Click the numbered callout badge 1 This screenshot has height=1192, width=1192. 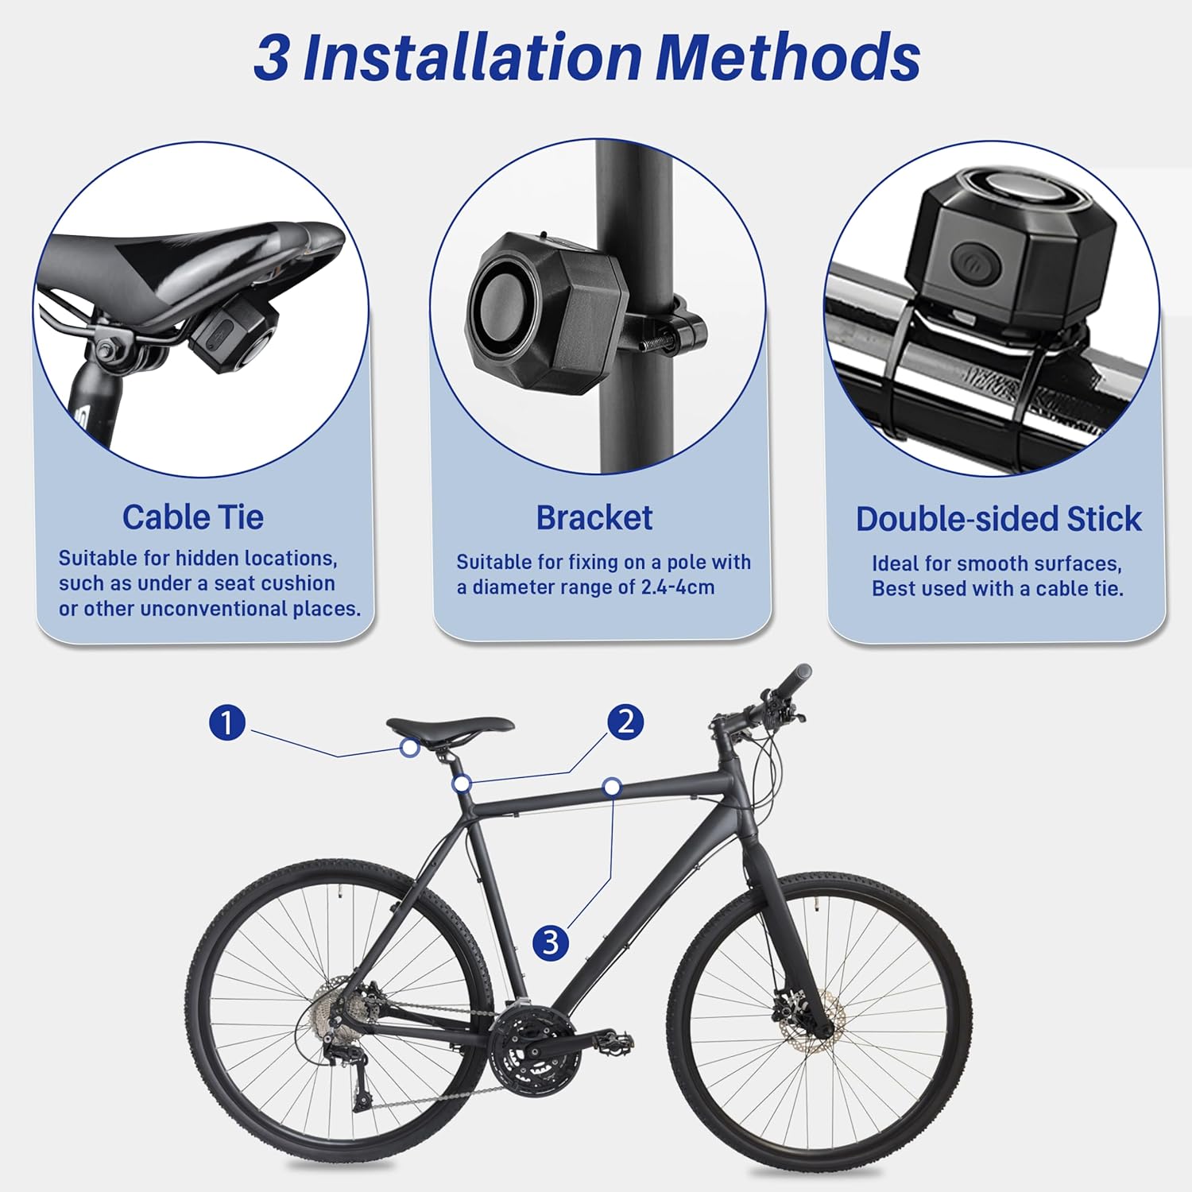point(226,723)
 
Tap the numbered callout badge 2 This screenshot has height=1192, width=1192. point(625,722)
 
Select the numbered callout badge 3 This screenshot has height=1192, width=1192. point(551,943)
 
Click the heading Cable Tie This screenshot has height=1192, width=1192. point(192,517)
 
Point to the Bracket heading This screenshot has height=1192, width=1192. point(594,518)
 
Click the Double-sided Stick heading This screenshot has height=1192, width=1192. point(998,519)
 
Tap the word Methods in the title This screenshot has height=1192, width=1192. point(788,57)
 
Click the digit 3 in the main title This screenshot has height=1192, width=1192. point(272,58)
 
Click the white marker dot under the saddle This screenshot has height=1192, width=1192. point(410,747)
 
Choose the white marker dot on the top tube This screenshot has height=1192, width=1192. point(611,787)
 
